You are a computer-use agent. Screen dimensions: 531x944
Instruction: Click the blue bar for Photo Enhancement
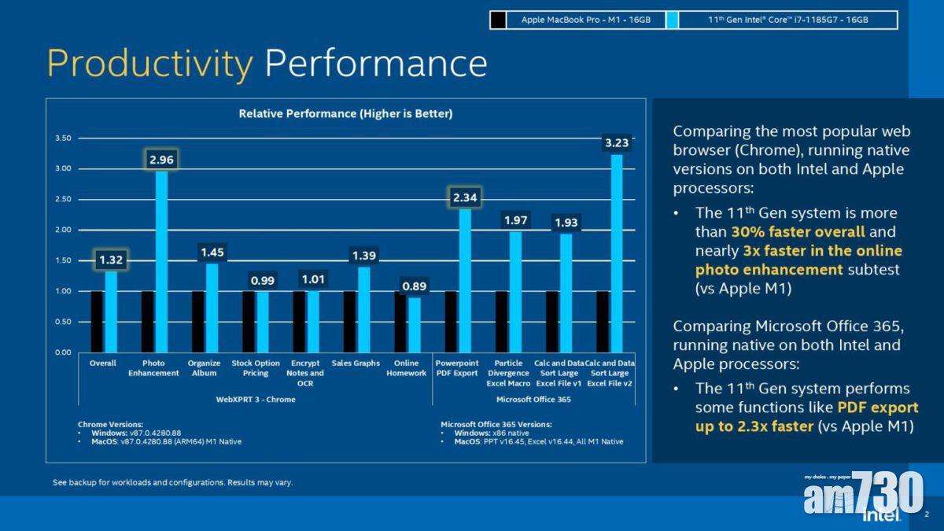click(x=161, y=261)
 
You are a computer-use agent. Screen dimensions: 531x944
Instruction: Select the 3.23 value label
click(x=617, y=143)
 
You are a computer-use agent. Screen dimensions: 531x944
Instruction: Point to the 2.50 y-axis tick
click(x=64, y=199)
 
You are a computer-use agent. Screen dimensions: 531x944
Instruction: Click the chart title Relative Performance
click(x=345, y=114)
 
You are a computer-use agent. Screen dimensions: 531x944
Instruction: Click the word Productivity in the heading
click(x=149, y=63)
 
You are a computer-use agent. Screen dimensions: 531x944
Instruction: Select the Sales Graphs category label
click(x=356, y=363)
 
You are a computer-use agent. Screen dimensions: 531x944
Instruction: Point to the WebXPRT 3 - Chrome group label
click(x=256, y=400)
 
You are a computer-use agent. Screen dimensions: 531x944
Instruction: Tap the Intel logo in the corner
click(x=880, y=514)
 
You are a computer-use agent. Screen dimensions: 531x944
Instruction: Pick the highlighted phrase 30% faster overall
click(x=798, y=232)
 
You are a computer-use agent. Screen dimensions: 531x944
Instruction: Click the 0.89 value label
click(x=414, y=286)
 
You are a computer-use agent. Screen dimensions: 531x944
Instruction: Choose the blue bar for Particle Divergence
click(x=515, y=291)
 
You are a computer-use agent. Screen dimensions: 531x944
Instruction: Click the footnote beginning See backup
click(x=172, y=481)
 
